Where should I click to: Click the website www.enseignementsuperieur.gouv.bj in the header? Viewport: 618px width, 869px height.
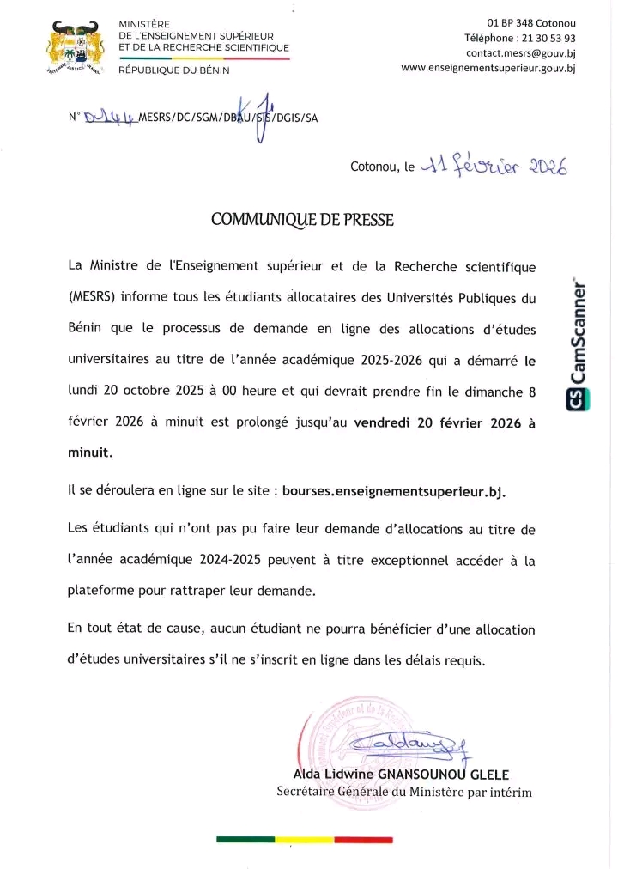pyautogui.click(x=488, y=69)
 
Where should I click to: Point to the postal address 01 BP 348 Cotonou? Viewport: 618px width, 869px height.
pyautogui.click(x=531, y=22)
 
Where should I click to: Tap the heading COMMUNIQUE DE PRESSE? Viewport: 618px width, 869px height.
pyautogui.click(x=302, y=220)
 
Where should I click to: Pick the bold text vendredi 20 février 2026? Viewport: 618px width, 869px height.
pyautogui.click(x=436, y=422)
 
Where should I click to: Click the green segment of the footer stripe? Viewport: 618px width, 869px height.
pyautogui.click(x=245, y=839)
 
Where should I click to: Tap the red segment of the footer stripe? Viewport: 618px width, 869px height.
pyautogui.click(x=362, y=839)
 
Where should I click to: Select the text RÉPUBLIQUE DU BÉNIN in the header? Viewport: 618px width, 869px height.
pyautogui.click(x=173, y=70)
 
